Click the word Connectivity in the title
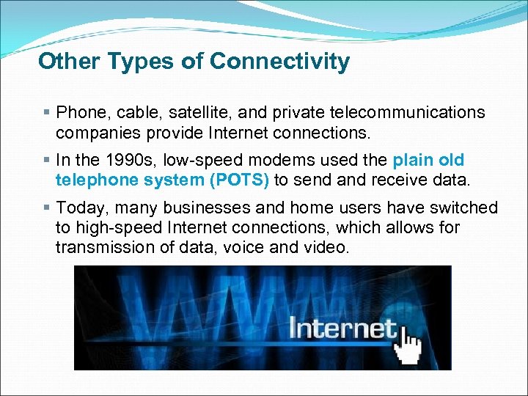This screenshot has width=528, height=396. (x=279, y=62)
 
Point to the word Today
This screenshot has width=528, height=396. (x=79, y=208)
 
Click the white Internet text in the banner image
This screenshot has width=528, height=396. (x=342, y=327)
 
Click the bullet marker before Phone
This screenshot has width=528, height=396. (x=46, y=112)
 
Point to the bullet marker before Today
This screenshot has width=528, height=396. (x=46, y=208)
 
